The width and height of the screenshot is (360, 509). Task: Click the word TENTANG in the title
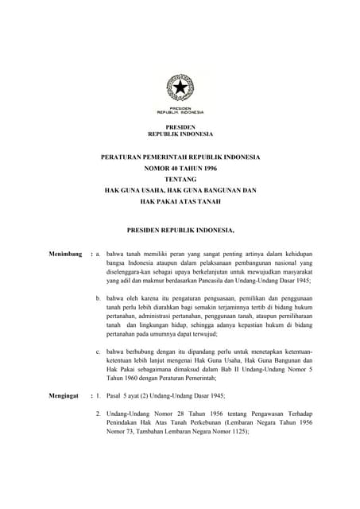coord(180,180)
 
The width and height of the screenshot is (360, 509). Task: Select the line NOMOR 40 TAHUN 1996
coord(180,169)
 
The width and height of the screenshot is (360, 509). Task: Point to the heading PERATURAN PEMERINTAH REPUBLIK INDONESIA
coord(180,157)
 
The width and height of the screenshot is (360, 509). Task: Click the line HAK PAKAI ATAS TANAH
coord(180,202)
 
